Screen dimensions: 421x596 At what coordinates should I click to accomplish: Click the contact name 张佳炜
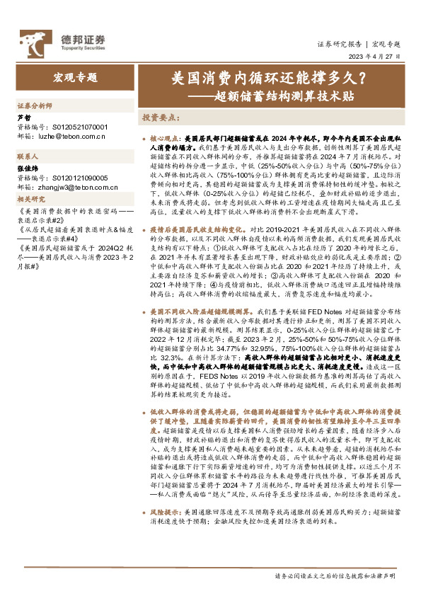click(x=28, y=170)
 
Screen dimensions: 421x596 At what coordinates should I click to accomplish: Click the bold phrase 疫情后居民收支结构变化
click(x=200, y=230)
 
